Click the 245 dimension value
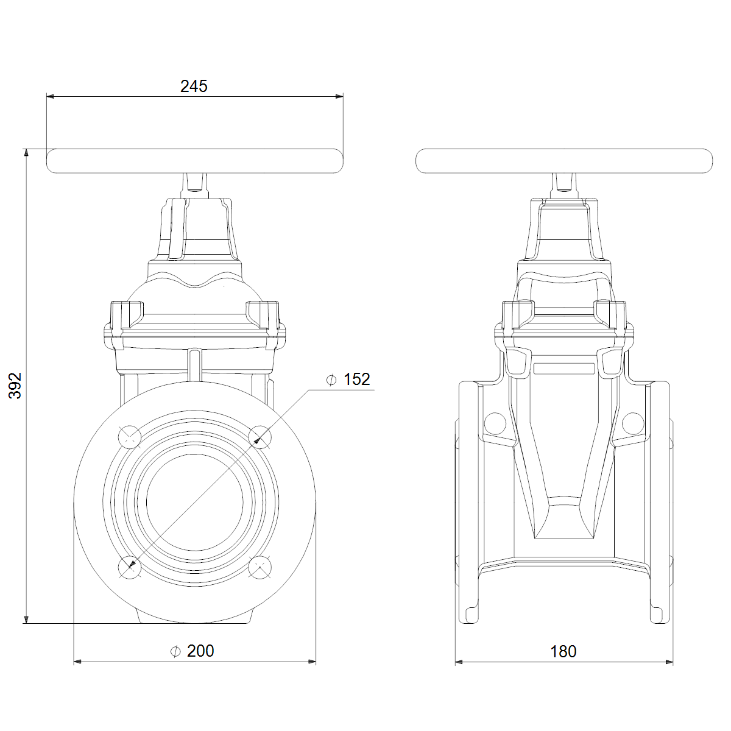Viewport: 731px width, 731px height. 194,87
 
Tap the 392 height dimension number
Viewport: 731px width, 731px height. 15,386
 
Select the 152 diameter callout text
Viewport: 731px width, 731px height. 356,380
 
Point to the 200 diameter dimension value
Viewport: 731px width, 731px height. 200,651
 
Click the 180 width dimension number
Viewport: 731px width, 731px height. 563,652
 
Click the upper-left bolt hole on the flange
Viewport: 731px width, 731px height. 130,437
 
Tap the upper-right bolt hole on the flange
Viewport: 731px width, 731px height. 260,437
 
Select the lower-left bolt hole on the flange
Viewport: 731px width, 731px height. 130,567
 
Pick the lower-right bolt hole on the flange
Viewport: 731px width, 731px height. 260,567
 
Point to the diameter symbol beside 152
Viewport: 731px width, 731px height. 331,380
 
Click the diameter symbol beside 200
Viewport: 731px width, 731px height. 175,651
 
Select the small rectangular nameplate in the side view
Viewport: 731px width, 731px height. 564,369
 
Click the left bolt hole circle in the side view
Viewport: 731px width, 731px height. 495,423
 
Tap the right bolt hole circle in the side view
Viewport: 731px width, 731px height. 633,423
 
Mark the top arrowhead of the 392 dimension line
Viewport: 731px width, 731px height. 26,152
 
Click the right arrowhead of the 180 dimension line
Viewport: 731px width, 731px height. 669,662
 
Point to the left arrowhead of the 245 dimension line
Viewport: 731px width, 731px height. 50,96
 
